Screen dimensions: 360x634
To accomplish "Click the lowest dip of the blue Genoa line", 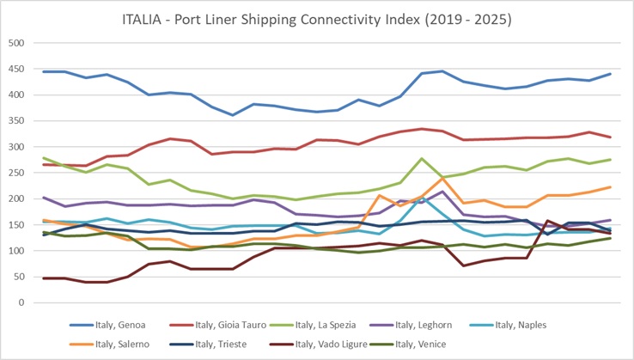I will click(232, 115).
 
